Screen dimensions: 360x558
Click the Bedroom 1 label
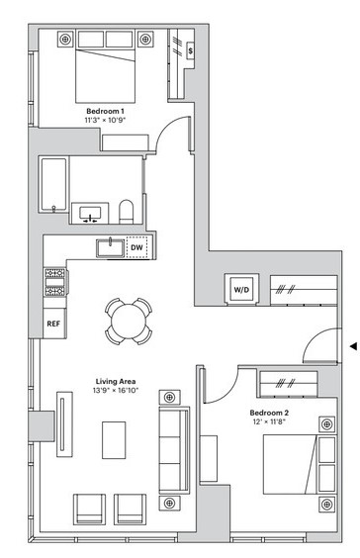pyautogui.click(x=105, y=111)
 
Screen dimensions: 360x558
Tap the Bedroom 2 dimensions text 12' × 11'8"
pyautogui.click(x=269, y=422)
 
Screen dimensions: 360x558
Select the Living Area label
pyautogui.click(x=116, y=382)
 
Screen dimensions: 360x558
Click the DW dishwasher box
pyautogui.click(x=136, y=247)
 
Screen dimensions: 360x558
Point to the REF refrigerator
pyautogui.click(x=53, y=324)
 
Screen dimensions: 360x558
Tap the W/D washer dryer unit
pyautogui.click(x=241, y=289)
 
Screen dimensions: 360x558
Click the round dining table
pyautogui.click(x=129, y=321)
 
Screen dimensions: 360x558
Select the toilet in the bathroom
pyautogui.click(x=126, y=212)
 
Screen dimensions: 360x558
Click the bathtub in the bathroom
pyautogui.click(x=54, y=185)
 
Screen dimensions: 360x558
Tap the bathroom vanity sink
pyautogui.click(x=90, y=214)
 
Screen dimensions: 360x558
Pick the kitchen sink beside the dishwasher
pyautogui.click(x=111, y=247)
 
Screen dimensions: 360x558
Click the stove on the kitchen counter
pyautogui.click(x=55, y=282)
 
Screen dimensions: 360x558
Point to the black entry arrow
pyautogui.click(x=353, y=346)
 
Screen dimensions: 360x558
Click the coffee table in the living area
pyautogui.click(x=114, y=440)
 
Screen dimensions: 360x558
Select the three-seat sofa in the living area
pyautogui.click(x=174, y=450)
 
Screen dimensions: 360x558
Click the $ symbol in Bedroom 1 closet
pyautogui.click(x=191, y=50)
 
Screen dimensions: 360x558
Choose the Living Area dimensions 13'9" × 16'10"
pyautogui.click(x=116, y=391)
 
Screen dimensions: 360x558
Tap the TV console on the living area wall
pyautogui.click(x=64, y=424)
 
